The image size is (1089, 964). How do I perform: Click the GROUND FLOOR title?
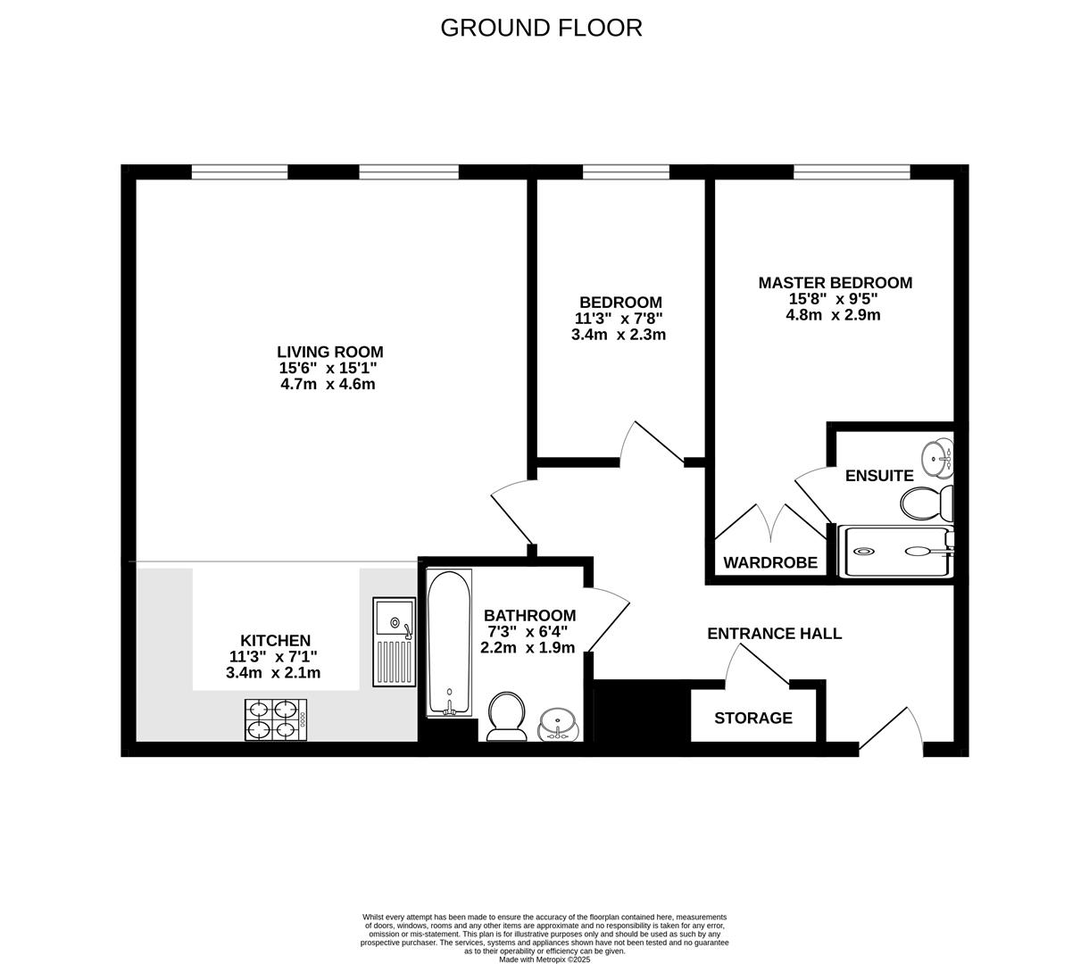point(541,28)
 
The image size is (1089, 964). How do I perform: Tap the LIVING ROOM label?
point(329,352)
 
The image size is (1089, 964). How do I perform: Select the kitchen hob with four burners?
point(277,719)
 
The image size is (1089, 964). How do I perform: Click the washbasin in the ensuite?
point(938,458)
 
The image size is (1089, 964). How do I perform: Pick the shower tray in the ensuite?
point(895,551)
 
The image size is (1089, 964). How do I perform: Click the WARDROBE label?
point(770,562)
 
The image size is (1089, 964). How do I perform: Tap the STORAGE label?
point(753,718)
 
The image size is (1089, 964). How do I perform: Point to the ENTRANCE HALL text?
point(774,634)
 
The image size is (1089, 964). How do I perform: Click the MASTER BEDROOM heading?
point(835,283)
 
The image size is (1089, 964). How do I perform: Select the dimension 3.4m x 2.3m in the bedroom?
point(619,335)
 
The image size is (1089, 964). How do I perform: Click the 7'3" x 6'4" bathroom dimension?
point(529,632)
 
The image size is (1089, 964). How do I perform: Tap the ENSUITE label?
point(879,476)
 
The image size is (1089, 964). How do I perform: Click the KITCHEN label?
point(275,640)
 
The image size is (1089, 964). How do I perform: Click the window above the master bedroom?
point(852,171)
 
